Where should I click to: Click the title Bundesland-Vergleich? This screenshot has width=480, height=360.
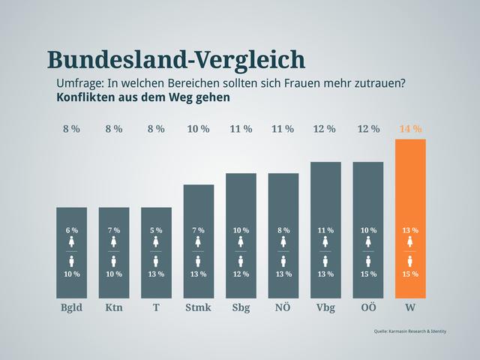175,60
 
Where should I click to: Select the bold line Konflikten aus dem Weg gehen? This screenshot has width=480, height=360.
142,97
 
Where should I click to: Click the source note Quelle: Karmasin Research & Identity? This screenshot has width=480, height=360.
409,331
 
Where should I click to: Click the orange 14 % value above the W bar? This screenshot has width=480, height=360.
410,129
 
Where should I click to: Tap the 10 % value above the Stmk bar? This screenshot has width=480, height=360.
198,129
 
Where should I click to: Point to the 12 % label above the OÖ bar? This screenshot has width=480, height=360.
368,129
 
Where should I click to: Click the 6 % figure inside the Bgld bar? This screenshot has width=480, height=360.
71,230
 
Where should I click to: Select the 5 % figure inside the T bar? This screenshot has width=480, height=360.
156,230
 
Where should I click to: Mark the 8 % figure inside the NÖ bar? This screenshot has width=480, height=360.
283,230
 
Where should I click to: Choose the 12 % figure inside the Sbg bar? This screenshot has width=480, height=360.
241,274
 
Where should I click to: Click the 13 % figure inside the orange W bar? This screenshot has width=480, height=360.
410,230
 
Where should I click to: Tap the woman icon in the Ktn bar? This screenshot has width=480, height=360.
113,241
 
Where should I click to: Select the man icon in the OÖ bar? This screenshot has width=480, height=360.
368,261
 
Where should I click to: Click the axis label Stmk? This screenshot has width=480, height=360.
198,307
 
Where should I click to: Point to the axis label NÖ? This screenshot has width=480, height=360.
283,307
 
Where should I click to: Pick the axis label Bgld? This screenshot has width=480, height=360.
71,307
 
